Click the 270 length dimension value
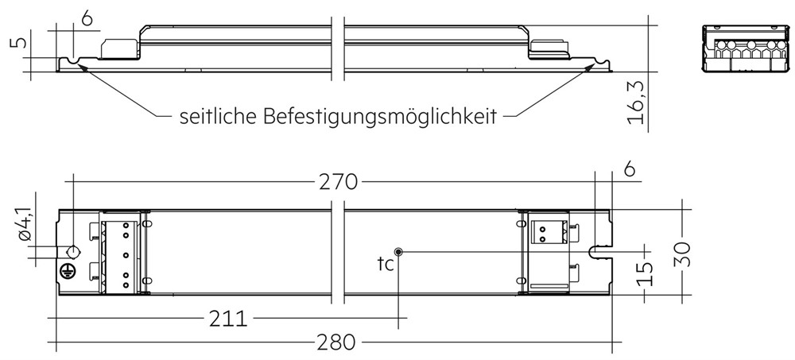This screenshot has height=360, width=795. click(x=338, y=181)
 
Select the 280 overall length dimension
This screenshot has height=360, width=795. click(x=336, y=343)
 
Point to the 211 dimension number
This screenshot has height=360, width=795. click(x=228, y=319)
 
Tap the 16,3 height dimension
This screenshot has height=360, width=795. click(x=636, y=104)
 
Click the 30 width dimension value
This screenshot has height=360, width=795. click(x=684, y=253)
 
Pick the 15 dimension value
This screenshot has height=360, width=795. click(x=645, y=274)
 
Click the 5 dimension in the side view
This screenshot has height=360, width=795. click(x=19, y=41)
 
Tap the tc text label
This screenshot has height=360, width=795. click(x=386, y=264)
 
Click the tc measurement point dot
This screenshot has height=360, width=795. click(x=399, y=251)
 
